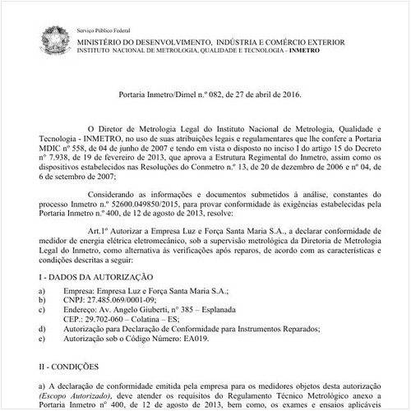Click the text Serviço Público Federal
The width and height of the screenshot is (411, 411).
pyautogui.click(x=104, y=29)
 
